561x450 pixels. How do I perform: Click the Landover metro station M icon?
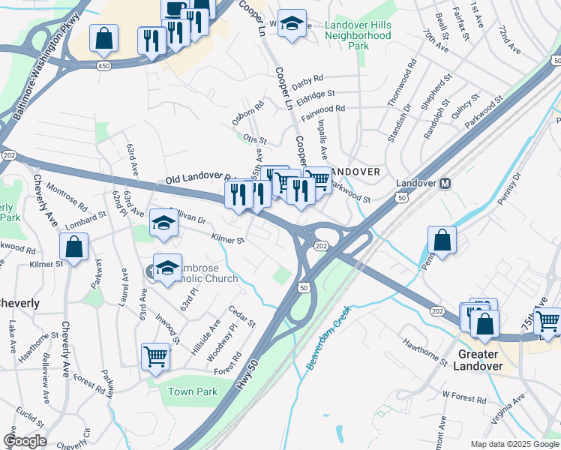(x=444, y=183)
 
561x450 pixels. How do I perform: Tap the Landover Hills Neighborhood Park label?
(x=358, y=35)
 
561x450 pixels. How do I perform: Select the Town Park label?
(x=193, y=391)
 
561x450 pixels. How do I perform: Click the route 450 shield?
(x=103, y=66)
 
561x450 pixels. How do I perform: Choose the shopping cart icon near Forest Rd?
(x=155, y=355)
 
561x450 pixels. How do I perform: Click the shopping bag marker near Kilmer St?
(x=73, y=247)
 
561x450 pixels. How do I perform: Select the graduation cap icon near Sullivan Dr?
(x=163, y=223)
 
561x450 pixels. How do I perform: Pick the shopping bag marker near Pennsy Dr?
(x=442, y=240)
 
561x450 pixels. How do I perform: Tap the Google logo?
(x=25, y=441)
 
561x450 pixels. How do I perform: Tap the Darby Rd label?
(x=307, y=78)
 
